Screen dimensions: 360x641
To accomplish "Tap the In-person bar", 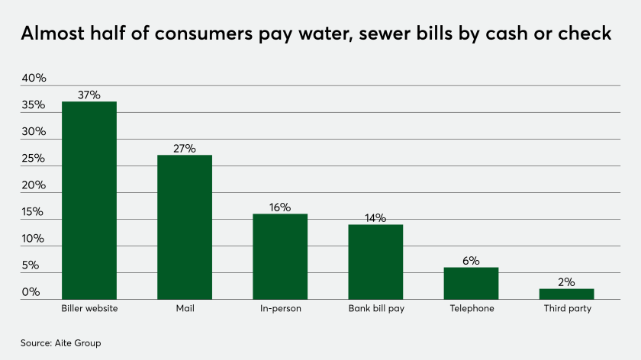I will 280,256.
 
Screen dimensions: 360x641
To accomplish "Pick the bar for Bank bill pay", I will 375,262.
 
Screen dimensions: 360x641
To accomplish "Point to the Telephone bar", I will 471,283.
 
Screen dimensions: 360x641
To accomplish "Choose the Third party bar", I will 566,294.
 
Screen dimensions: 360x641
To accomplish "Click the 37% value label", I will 89,95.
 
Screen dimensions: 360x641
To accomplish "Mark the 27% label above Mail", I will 185,148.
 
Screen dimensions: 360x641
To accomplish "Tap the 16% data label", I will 280,207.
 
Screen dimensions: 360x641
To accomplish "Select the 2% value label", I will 566,281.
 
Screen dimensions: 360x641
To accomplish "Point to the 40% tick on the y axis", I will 34,79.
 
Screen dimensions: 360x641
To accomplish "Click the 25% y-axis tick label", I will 34,159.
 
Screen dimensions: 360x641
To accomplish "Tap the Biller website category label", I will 89,309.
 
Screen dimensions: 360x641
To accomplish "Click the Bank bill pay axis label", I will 375,309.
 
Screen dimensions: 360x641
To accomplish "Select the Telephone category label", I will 471,309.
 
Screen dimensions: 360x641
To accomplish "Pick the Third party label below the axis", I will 566,309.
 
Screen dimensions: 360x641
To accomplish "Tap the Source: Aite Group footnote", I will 60,343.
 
